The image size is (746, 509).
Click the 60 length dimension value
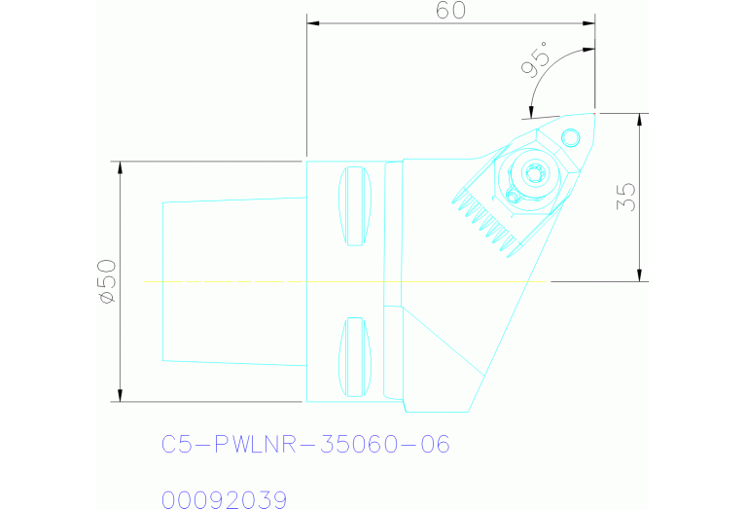coord(451,11)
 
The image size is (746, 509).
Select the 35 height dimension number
coord(627,197)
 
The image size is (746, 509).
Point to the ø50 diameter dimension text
coord(106,281)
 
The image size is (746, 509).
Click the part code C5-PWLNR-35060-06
coord(305,445)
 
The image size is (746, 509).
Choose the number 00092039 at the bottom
coord(224,500)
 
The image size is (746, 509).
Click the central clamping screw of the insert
coord(532,175)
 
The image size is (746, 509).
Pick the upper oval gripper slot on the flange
coord(355,207)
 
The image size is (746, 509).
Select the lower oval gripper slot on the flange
coord(355,356)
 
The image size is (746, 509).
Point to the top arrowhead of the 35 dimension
coord(639,120)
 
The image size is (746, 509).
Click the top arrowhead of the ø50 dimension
coord(120,167)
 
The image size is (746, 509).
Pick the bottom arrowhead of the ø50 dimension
coord(120,394)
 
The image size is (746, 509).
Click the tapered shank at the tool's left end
coord(233,281)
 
